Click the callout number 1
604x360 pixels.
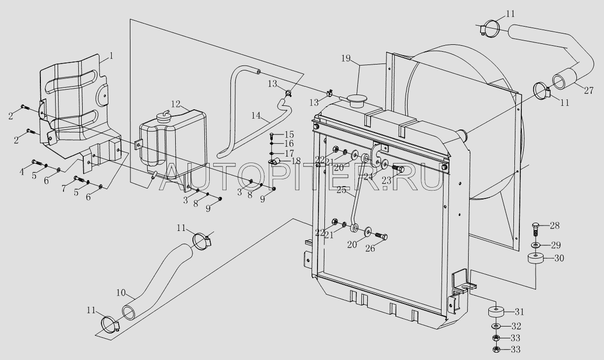111,56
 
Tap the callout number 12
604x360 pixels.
176,104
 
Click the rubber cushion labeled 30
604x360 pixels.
536,259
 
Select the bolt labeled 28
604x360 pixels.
536,228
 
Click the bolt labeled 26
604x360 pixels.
381,236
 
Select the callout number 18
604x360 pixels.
295,162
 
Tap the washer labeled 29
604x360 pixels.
536,245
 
